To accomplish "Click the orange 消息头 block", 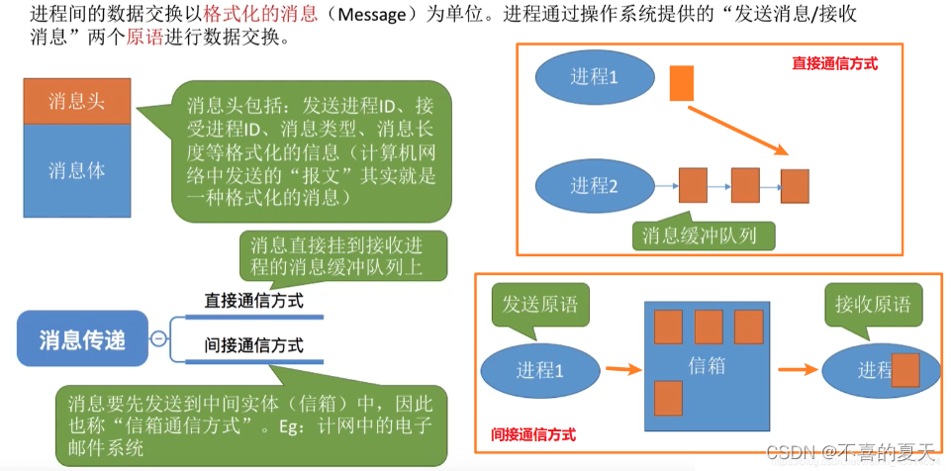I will pos(77,101).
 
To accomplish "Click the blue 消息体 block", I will pos(77,169).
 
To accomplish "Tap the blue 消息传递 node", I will pos(82,340).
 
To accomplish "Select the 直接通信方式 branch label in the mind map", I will pos(253,300).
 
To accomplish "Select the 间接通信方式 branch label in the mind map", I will pos(253,346).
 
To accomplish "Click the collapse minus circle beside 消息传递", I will pos(158,339).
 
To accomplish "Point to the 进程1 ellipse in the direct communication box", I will pos(594,77).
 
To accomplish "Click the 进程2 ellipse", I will pos(594,185).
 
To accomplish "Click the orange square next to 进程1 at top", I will pos(682,83).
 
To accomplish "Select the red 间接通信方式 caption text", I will pos(533,434).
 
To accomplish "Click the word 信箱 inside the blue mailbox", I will pos(707,365).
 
